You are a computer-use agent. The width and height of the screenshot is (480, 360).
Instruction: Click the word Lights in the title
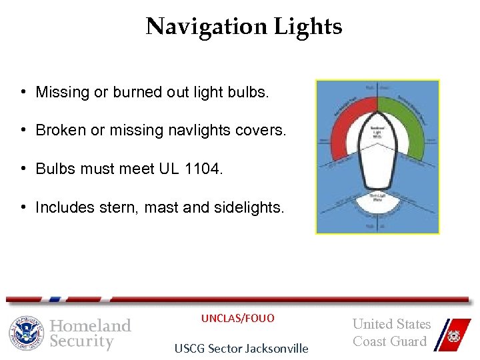point(307,27)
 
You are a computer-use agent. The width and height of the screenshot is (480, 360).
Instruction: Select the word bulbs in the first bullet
point(249,92)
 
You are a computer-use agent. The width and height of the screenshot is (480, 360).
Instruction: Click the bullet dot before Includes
point(23,208)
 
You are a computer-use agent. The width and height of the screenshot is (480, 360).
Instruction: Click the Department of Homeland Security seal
point(25,333)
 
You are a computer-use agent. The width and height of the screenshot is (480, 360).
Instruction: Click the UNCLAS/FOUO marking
point(237,318)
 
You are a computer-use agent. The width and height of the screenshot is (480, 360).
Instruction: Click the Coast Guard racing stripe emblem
point(450,333)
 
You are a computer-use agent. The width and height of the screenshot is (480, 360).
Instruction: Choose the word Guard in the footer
point(407,341)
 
